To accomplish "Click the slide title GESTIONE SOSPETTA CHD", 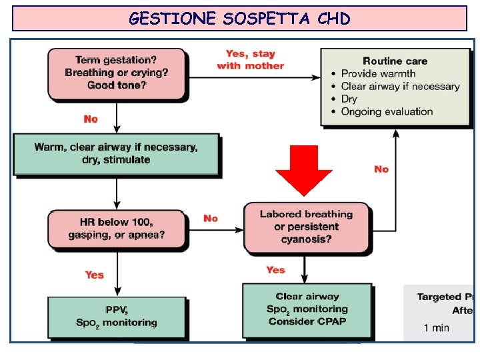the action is click(239, 19).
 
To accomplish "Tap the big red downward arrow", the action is click(304, 169).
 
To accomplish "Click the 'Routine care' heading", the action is click(395, 61).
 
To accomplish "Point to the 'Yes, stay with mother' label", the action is click(250, 59).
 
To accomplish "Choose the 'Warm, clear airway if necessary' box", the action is click(116, 153).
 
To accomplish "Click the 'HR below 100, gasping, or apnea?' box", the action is click(116, 228).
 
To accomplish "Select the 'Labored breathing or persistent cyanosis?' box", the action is click(306, 227).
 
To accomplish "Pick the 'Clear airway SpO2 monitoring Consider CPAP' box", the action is click(307, 309).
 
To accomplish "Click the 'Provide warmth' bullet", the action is click(378, 73).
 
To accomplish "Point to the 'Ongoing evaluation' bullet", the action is click(387, 111).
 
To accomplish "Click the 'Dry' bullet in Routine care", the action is click(349, 99).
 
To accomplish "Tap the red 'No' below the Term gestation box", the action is click(91, 119).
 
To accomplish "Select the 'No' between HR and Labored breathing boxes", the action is click(211, 218).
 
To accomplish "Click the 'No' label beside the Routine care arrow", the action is click(381, 169).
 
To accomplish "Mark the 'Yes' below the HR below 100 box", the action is click(95, 274).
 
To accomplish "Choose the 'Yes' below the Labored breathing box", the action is click(275, 270).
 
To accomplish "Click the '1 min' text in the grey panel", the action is click(437, 327).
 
